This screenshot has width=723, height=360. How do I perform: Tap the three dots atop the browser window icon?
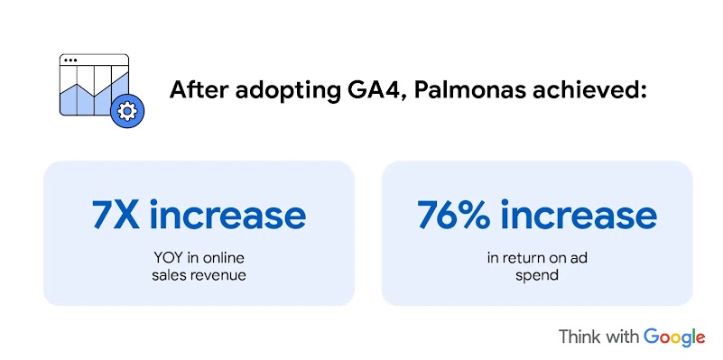(71, 60)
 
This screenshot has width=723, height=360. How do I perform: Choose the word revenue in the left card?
(218, 274)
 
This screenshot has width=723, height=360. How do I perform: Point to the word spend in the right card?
(537, 274)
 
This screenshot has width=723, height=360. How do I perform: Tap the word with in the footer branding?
(624, 337)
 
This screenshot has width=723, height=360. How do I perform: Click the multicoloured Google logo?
(674, 337)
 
